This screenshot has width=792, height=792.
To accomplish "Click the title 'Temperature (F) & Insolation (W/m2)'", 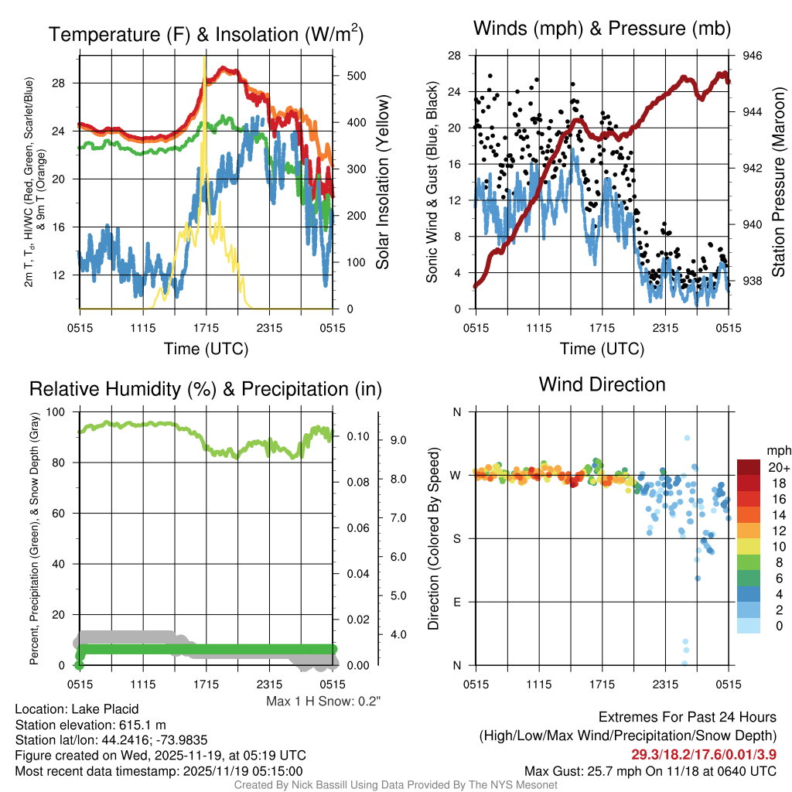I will point(206,34).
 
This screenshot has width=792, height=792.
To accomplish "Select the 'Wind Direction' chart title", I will point(602,384).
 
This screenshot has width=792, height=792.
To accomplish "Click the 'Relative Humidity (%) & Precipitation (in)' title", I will point(205,388).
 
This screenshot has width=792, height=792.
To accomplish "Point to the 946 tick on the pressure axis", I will point(753,56).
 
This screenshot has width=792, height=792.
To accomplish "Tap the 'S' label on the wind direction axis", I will point(457,538).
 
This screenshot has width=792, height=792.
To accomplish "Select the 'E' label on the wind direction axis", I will point(457,602).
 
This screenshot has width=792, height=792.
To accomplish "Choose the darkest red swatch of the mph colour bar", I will point(750,467).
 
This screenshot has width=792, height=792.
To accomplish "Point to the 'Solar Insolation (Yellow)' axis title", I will point(382,183).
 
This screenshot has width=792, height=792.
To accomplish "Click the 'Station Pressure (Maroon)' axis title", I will point(779,183).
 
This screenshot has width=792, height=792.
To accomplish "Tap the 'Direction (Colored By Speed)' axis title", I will point(434,538).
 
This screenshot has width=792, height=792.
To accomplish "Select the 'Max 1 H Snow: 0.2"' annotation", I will point(324,702).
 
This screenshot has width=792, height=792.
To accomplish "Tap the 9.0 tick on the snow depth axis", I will point(398,440).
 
